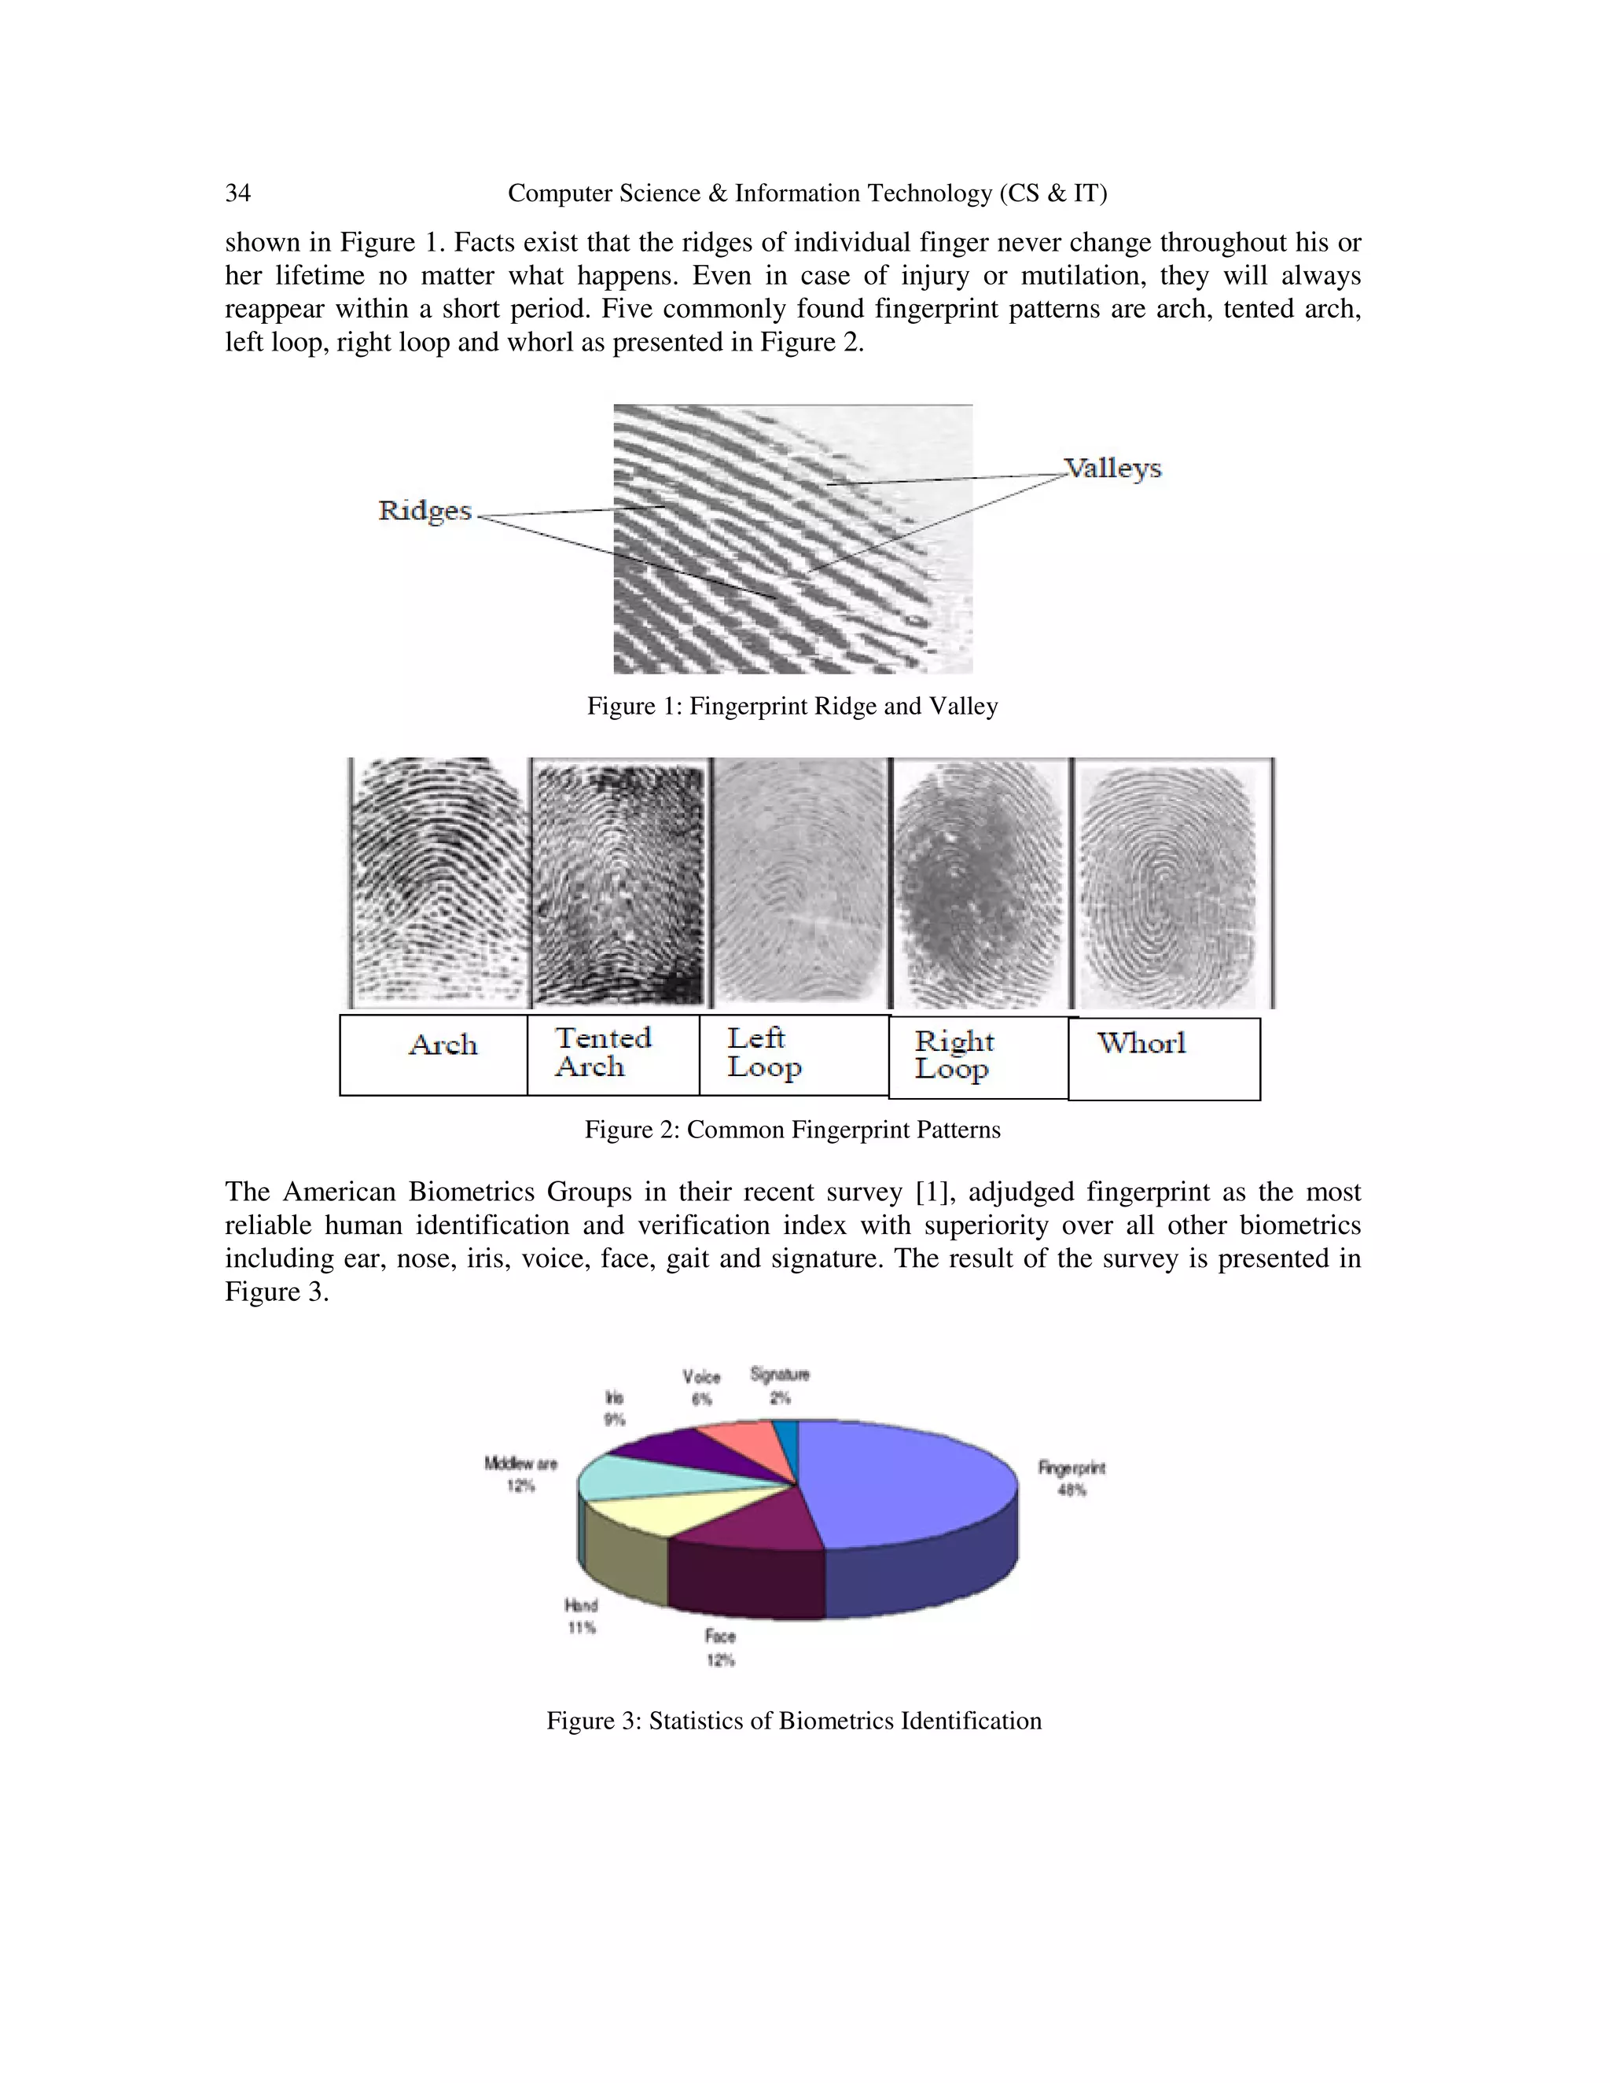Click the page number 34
(x=237, y=193)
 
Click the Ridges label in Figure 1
(x=425, y=510)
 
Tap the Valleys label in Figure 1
(x=1113, y=468)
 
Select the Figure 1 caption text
(x=792, y=707)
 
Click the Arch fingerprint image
(x=439, y=882)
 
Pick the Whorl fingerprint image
(x=1172, y=882)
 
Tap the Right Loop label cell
(x=978, y=1056)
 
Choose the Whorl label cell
(x=1163, y=1058)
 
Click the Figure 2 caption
(x=792, y=1130)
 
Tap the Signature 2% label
(x=779, y=1385)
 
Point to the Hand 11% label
(x=581, y=1615)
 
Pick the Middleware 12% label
(x=520, y=1474)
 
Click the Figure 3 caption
(x=793, y=1721)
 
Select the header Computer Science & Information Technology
(x=807, y=193)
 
